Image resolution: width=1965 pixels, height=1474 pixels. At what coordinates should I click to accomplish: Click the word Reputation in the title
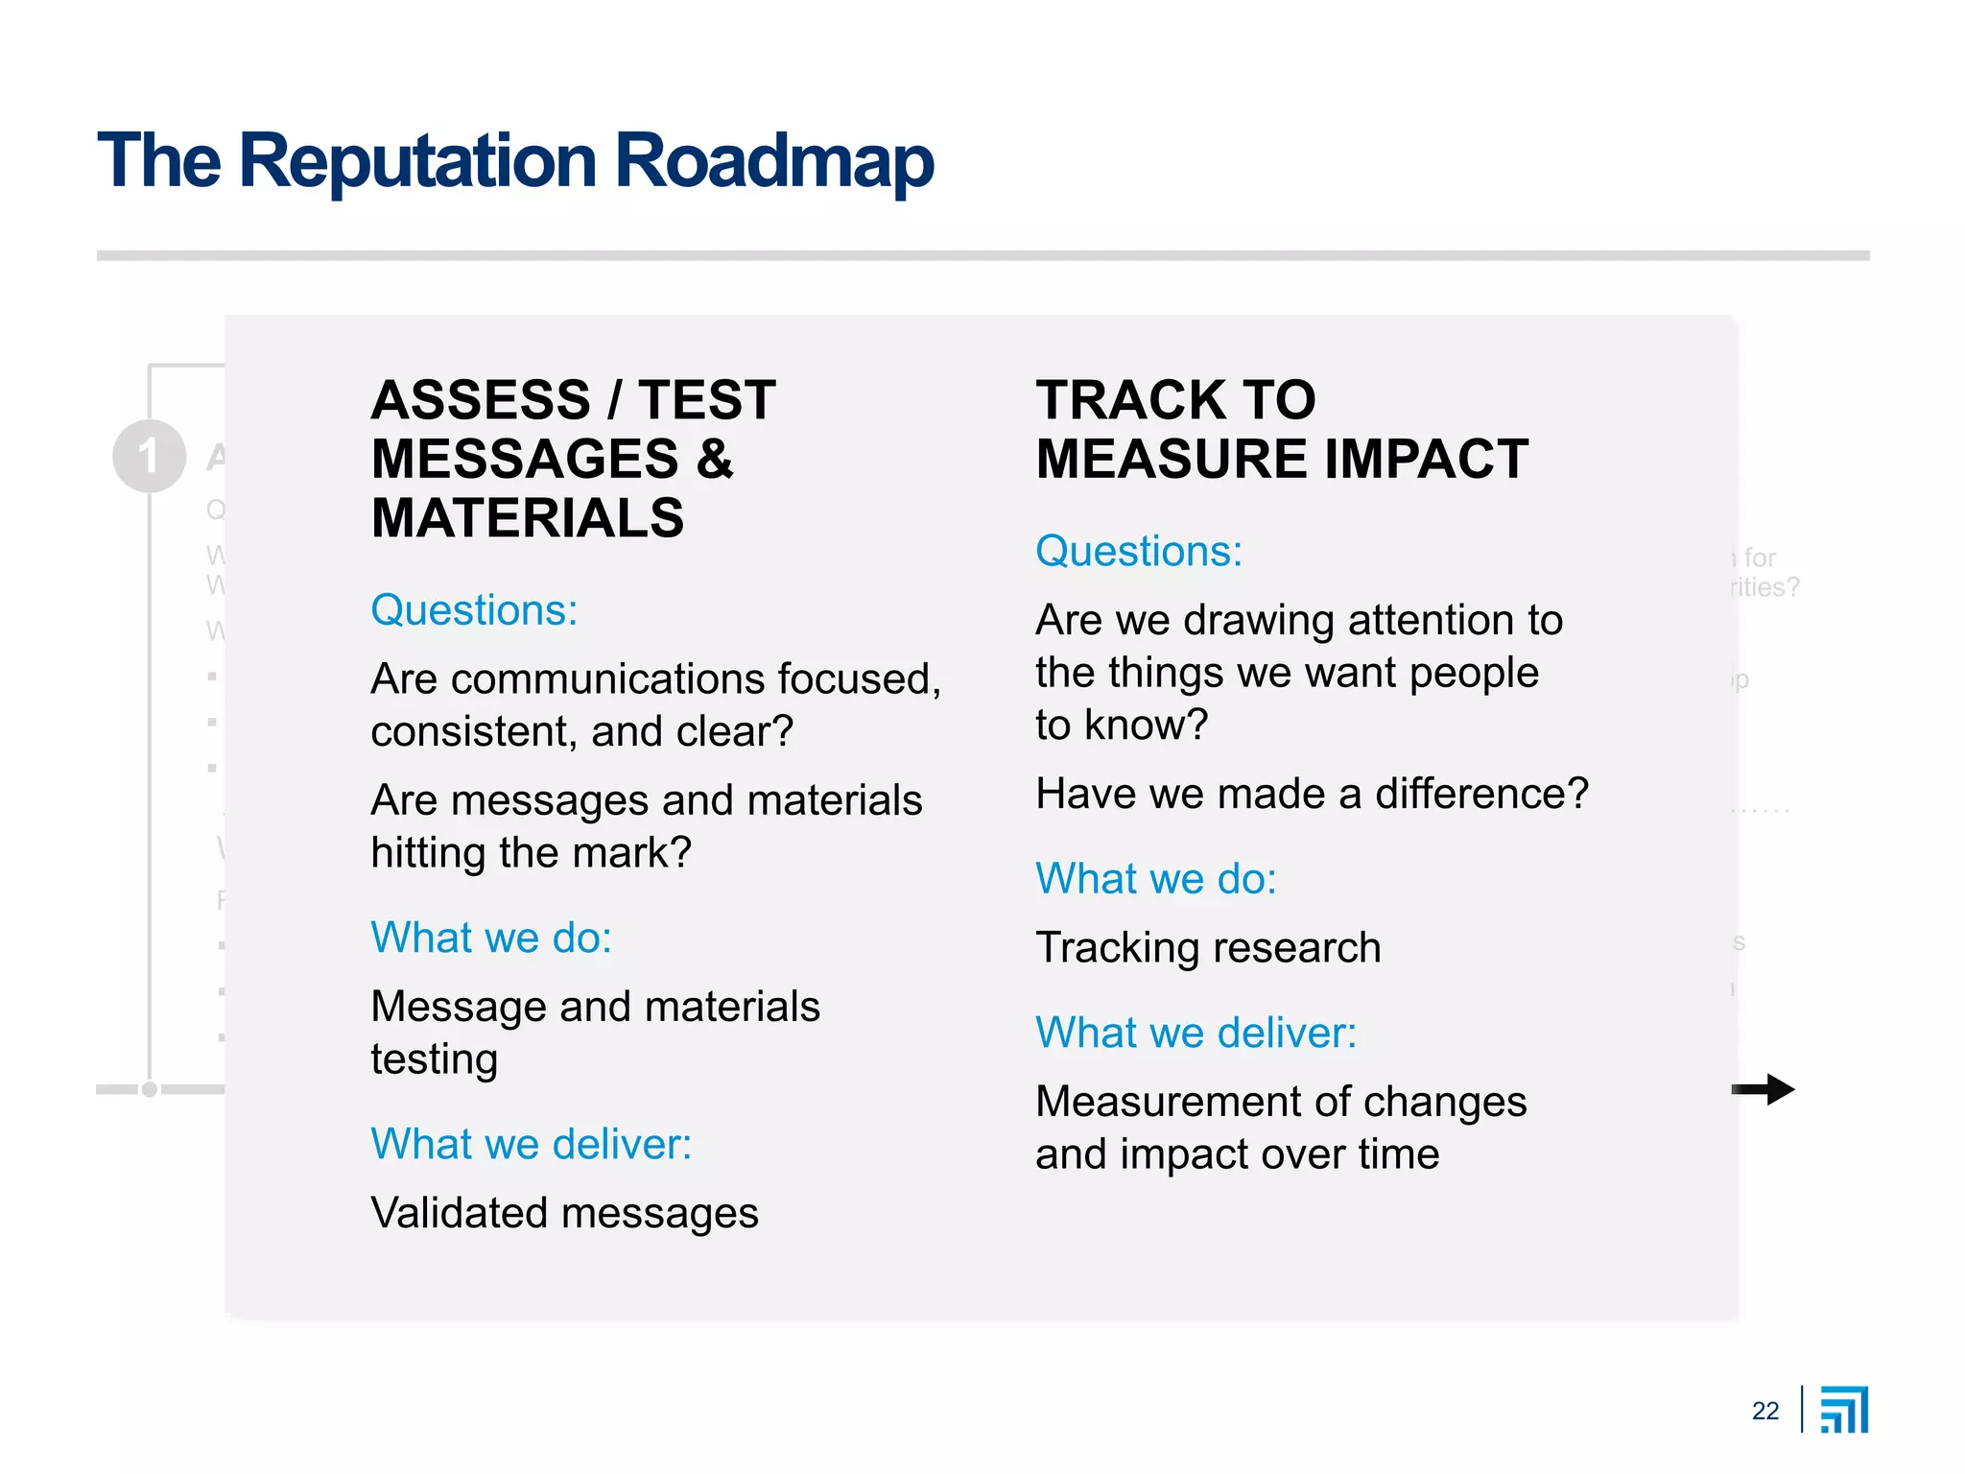[417, 161]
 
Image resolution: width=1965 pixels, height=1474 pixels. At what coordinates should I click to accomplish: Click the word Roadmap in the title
[773, 161]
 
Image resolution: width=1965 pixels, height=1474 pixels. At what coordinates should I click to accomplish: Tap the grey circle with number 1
[149, 456]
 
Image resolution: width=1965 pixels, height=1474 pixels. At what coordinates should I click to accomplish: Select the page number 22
[1764, 1411]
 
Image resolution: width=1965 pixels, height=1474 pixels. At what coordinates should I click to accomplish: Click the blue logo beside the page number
[1844, 1410]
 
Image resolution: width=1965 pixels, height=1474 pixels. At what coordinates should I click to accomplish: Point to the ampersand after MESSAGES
[715, 459]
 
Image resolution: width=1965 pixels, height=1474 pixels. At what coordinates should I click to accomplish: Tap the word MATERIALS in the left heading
[528, 518]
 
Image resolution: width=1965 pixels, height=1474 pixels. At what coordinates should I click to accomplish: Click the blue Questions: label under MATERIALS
[474, 610]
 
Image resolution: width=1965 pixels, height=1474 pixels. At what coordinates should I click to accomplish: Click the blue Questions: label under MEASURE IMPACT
[1139, 552]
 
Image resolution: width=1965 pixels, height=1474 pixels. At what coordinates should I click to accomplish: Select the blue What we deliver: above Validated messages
[531, 1144]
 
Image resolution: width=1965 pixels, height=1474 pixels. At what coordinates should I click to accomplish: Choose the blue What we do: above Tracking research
[1156, 879]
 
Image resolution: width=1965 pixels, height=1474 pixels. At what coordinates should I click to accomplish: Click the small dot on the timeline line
[150, 1089]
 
